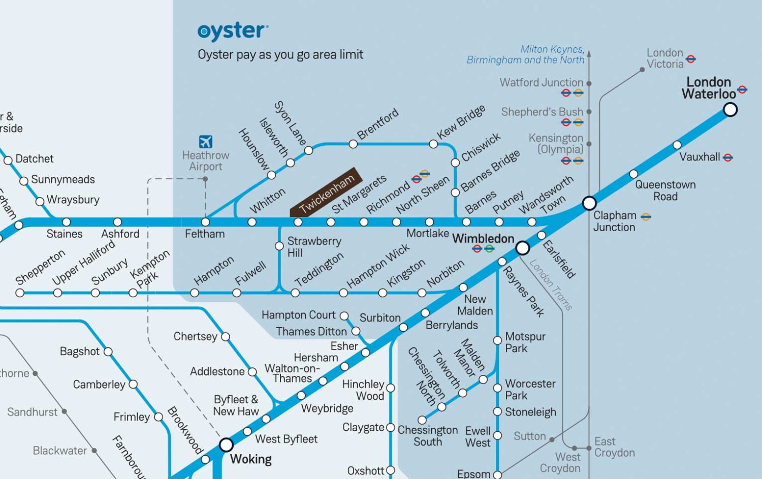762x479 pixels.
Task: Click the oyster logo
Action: point(232,31)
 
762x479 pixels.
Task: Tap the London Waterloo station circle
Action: point(730,109)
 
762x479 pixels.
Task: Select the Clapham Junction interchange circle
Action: point(589,203)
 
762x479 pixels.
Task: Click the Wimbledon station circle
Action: point(522,248)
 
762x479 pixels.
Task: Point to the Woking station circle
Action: point(226,445)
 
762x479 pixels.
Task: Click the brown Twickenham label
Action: point(326,192)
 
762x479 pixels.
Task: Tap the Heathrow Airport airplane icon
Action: point(205,141)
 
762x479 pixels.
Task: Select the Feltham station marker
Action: point(205,222)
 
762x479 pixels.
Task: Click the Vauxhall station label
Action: point(700,157)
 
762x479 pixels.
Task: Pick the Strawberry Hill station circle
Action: point(279,246)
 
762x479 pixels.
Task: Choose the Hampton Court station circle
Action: point(344,316)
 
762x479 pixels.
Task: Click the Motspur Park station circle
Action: point(497,340)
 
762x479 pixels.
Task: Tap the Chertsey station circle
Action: point(226,336)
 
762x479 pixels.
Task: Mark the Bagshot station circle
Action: point(108,352)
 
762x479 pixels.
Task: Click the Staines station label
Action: point(65,234)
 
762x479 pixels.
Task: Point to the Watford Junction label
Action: point(541,82)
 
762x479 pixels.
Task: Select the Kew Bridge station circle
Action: point(433,144)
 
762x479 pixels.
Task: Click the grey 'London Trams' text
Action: point(551,284)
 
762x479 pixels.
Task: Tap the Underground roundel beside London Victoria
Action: point(690,59)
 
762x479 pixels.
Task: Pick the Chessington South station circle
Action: point(422,420)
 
